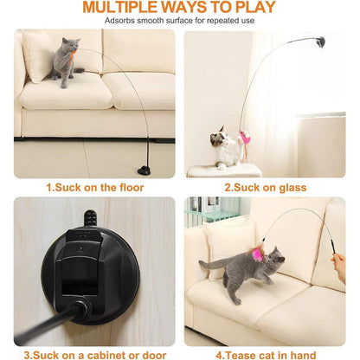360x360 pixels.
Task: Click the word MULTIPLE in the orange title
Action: [x=120, y=7]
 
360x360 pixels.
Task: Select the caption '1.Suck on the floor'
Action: [x=95, y=188]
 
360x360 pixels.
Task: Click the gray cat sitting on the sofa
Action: [x=66, y=62]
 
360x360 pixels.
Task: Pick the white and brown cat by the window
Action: [x=226, y=147]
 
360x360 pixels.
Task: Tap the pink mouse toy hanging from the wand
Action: [x=245, y=138]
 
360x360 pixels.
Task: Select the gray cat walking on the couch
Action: [x=244, y=273]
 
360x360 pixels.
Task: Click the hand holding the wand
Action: [x=339, y=267]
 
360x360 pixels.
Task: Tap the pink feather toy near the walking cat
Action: [x=258, y=254]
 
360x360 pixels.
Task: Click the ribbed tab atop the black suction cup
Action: [x=90, y=218]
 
